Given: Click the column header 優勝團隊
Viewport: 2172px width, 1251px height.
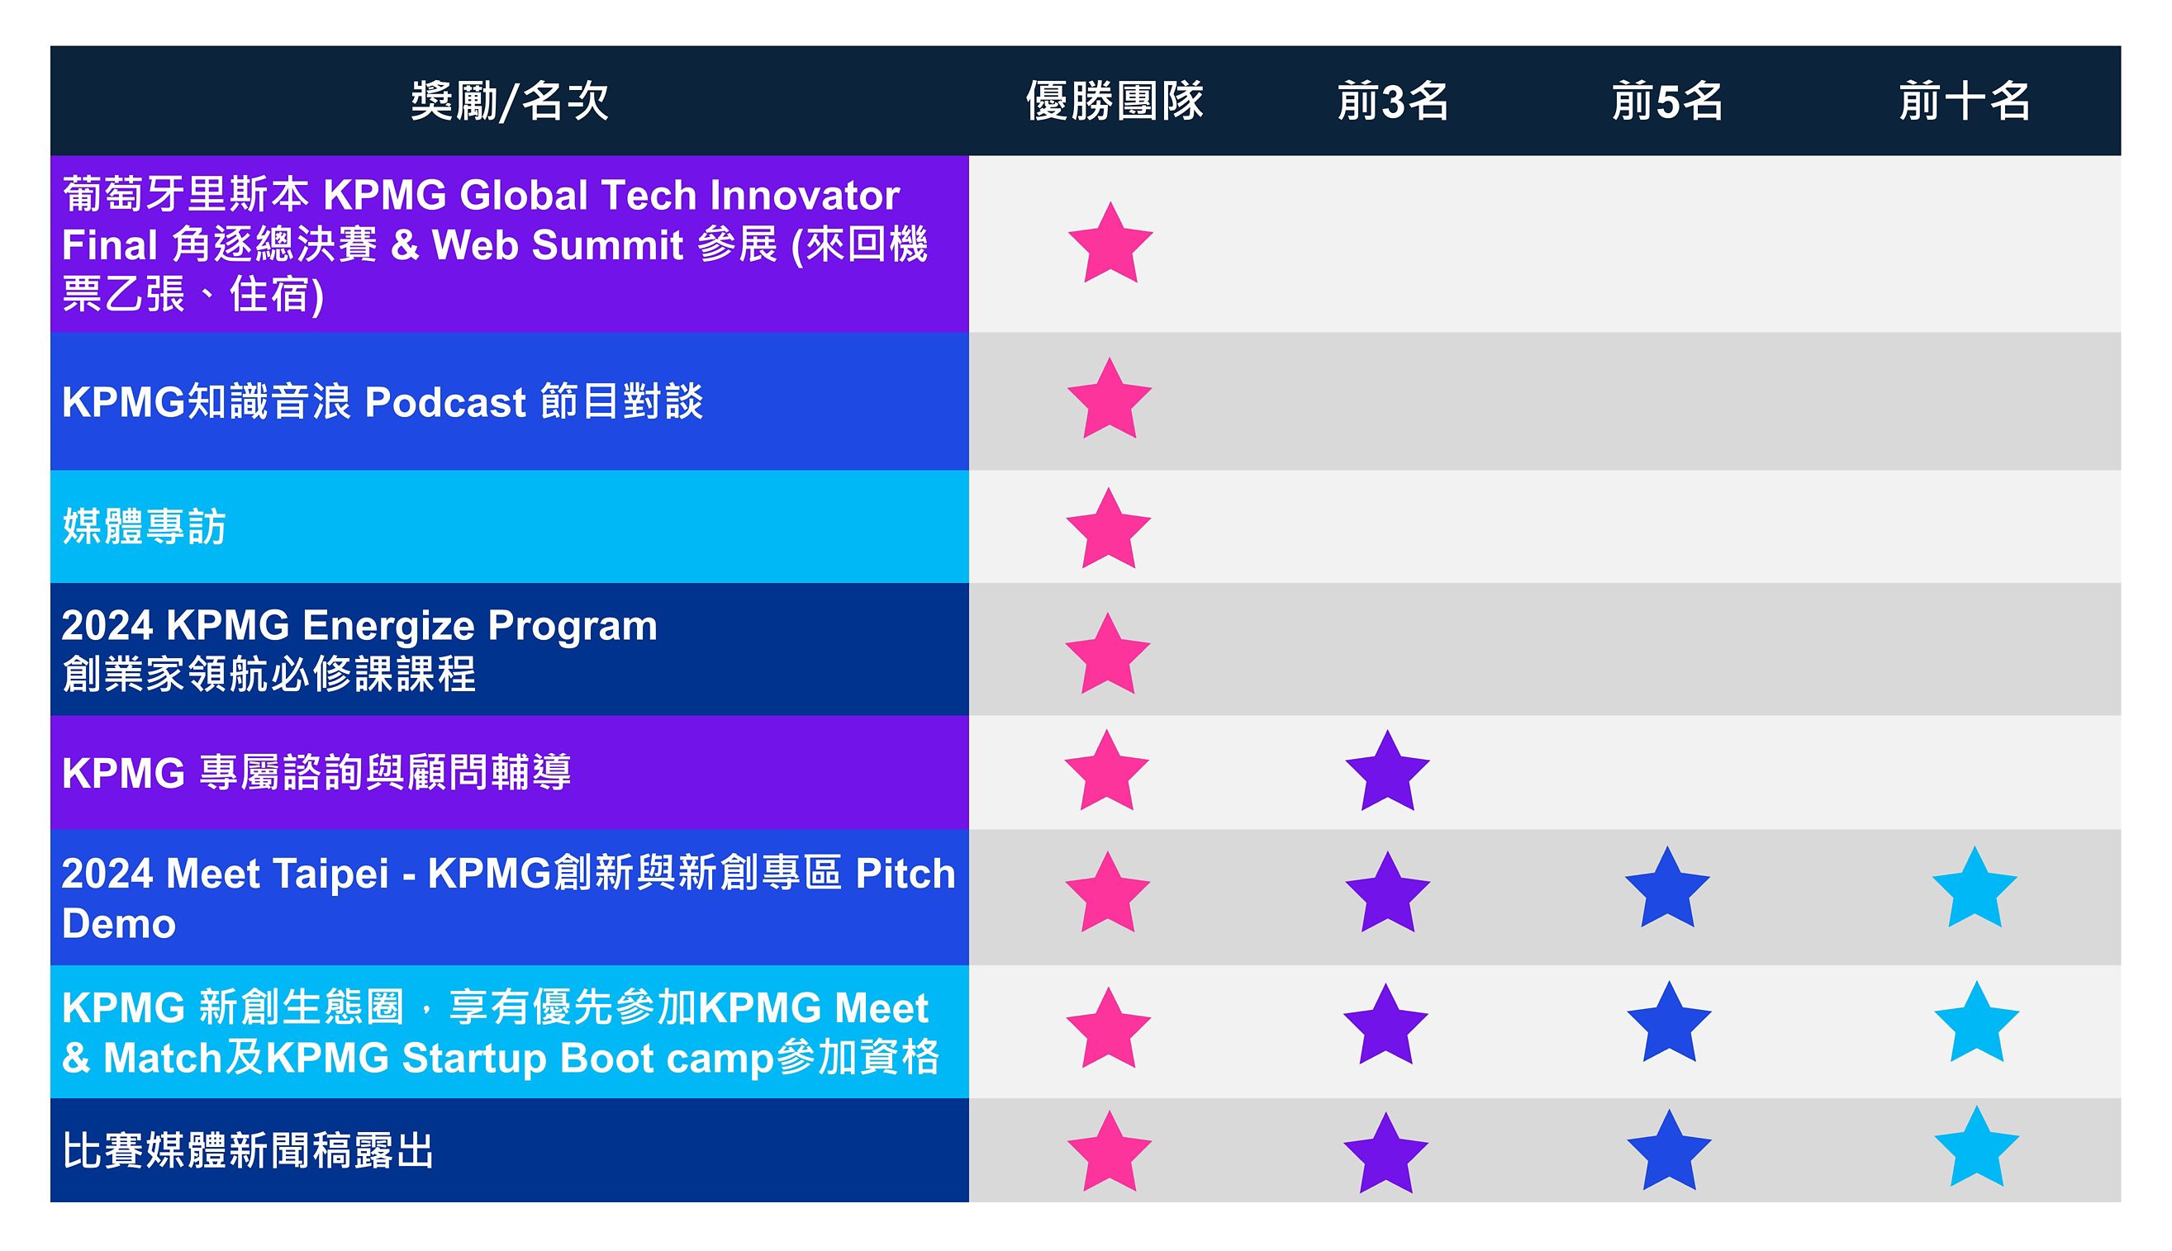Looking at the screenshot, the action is point(1114,102).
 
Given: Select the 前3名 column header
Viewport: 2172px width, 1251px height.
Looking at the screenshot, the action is point(1392,102).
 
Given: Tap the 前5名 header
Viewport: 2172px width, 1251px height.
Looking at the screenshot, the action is point(1666,102).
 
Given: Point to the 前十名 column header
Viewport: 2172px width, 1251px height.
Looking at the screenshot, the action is point(1964,102).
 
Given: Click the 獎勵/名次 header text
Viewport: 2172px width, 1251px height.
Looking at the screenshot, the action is point(510,102).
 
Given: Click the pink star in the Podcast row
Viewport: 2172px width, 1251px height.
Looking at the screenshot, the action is point(1109,400).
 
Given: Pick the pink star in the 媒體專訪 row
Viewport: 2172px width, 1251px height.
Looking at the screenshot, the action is point(1108,529).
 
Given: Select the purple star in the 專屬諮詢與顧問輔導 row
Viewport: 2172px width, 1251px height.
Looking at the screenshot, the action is point(1387,771).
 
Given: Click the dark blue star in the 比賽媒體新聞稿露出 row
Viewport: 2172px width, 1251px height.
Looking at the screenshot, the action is point(1669,1151).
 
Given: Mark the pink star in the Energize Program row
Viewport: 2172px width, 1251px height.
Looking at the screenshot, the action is point(1107,655).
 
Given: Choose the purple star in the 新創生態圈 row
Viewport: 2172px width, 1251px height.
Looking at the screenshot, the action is point(1385,1025).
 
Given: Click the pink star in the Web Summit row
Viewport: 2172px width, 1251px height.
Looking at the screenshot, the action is point(1110,244).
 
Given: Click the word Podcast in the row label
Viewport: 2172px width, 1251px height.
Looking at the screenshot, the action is point(445,402).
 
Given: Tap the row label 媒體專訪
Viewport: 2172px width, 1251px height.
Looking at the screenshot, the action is point(144,527).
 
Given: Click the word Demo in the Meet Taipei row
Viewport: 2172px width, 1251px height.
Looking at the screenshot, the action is point(119,925).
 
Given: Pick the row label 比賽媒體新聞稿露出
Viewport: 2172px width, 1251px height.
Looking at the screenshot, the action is point(249,1150).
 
